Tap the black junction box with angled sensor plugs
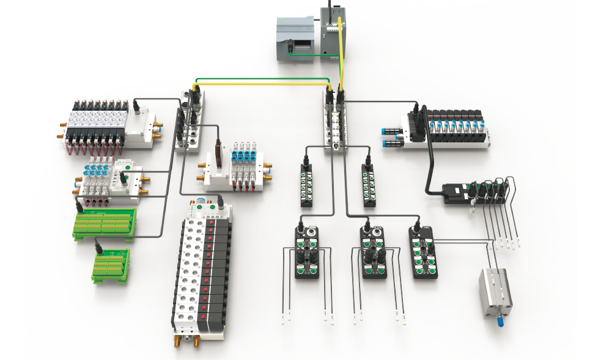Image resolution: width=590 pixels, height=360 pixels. click(x=474, y=193)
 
